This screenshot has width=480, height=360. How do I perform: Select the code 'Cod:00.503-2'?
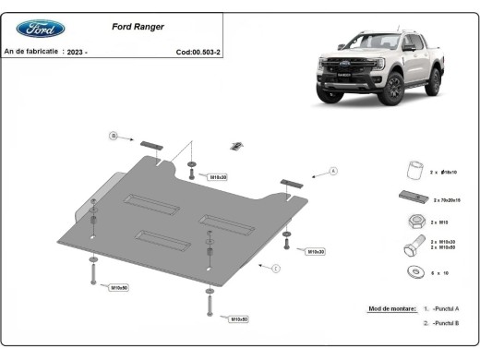click(x=198, y=52)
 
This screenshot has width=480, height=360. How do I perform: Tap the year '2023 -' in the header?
click(x=76, y=52)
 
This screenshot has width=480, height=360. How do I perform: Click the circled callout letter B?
click(x=114, y=137)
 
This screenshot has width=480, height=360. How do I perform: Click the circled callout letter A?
click(x=333, y=171)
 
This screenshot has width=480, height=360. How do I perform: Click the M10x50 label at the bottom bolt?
click(x=237, y=318)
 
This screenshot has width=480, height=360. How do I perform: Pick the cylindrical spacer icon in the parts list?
click(x=415, y=172)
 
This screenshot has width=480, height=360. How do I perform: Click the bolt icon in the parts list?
click(x=409, y=246)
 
